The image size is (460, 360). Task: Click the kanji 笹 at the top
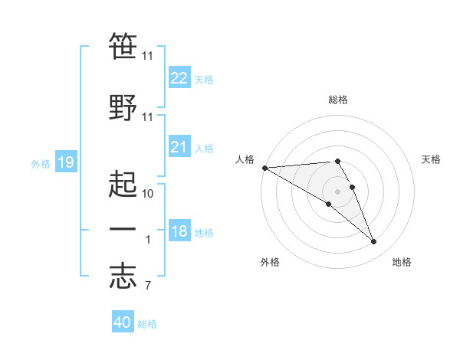click(x=123, y=46)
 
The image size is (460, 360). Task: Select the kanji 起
click(x=123, y=182)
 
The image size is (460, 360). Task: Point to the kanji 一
click(x=123, y=229)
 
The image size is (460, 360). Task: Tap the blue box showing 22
click(x=179, y=78)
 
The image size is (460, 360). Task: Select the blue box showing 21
click(x=179, y=147)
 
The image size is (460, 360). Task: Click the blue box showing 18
click(x=179, y=231)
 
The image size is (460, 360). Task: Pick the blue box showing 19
click(x=65, y=162)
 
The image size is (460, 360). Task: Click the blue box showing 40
click(x=123, y=322)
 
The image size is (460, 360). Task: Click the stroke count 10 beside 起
click(x=148, y=193)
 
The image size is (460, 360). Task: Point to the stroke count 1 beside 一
click(x=148, y=240)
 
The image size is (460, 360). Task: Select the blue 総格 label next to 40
click(x=147, y=324)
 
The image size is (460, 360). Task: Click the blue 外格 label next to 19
click(x=41, y=163)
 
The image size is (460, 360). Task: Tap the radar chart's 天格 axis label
click(x=431, y=159)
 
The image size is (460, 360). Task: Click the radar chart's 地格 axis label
click(x=402, y=262)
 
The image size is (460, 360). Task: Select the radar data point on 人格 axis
click(x=264, y=168)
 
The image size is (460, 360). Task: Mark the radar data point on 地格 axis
click(x=374, y=242)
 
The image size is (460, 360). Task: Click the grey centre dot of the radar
click(x=337, y=191)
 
